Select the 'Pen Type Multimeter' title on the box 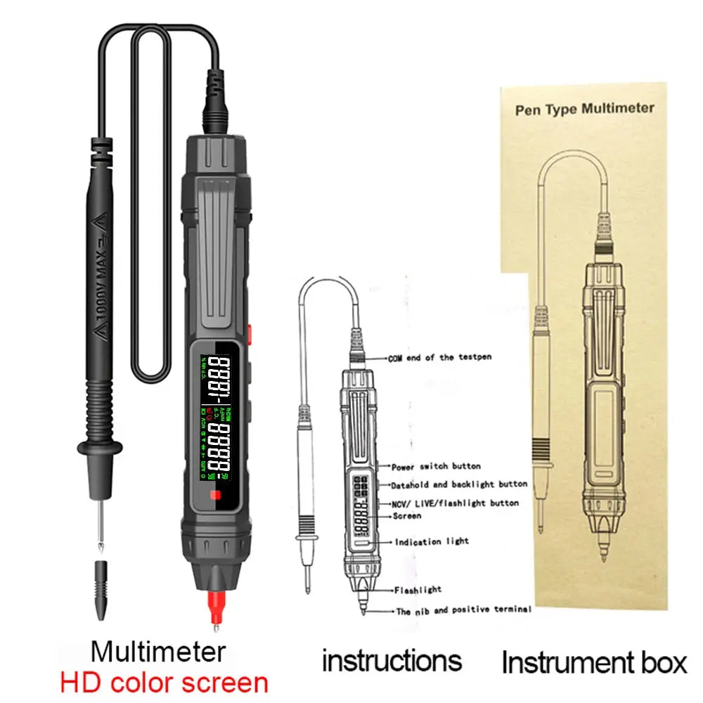pos(584,109)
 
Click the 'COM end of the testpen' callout pos(439,357)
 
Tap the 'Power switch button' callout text pos(436,466)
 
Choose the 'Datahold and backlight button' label pos(459,484)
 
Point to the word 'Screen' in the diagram pos(408,516)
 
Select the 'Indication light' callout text pos(427,542)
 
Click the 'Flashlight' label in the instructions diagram pos(418,590)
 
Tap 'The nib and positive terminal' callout pos(463,610)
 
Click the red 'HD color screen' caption pos(163,682)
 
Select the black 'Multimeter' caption pos(158,651)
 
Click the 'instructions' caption pos(392,661)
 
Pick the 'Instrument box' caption pos(594,662)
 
